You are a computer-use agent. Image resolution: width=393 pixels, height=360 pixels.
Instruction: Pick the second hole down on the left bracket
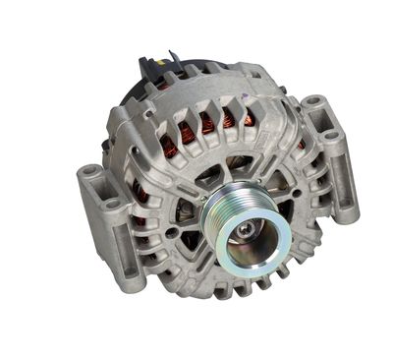(112, 204)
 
